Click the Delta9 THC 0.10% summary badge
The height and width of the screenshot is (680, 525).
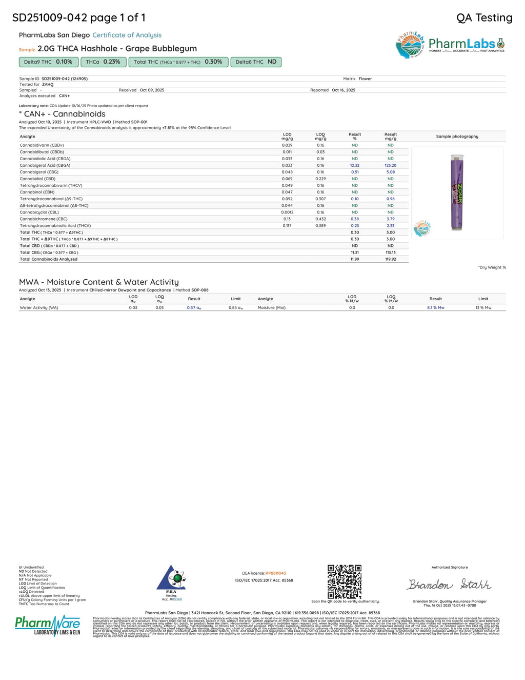(x=49, y=62)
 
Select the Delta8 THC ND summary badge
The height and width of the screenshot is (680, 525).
(x=256, y=62)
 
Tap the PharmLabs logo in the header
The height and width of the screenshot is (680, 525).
(x=450, y=45)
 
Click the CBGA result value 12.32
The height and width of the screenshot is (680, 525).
(x=355, y=165)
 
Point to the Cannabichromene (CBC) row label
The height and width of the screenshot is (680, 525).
(x=44, y=219)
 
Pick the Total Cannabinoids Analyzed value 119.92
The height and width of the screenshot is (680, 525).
(x=391, y=259)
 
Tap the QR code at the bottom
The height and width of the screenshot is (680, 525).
(x=345, y=581)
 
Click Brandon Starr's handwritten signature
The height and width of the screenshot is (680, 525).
(x=449, y=585)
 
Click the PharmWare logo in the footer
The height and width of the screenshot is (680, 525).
(x=48, y=625)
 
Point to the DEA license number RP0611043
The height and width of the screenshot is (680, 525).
(x=275, y=573)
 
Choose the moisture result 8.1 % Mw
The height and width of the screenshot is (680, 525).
(x=435, y=308)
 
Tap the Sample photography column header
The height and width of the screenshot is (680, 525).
(x=457, y=137)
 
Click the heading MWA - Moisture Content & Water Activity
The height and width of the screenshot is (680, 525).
(x=99, y=282)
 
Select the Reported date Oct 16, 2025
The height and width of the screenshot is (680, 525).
(x=344, y=90)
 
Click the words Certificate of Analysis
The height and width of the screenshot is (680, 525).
(x=127, y=35)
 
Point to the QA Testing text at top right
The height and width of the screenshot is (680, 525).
(x=484, y=18)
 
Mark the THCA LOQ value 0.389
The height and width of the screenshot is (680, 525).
(x=320, y=226)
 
